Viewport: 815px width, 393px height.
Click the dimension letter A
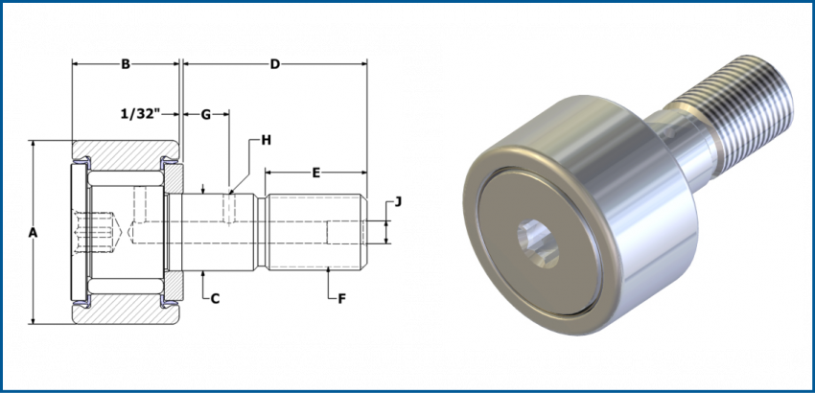pyautogui.click(x=33, y=233)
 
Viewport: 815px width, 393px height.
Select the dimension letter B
pyautogui.click(x=125, y=65)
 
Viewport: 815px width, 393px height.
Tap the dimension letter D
pyautogui.click(x=274, y=65)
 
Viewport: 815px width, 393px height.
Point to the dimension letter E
pyautogui.click(x=315, y=173)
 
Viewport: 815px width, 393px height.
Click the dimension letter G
pyautogui.click(x=205, y=114)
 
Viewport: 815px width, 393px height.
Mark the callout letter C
pyautogui.click(x=216, y=299)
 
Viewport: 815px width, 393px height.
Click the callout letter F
pyautogui.click(x=341, y=299)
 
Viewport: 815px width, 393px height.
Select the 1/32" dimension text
pyautogui.click(x=141, y=114)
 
